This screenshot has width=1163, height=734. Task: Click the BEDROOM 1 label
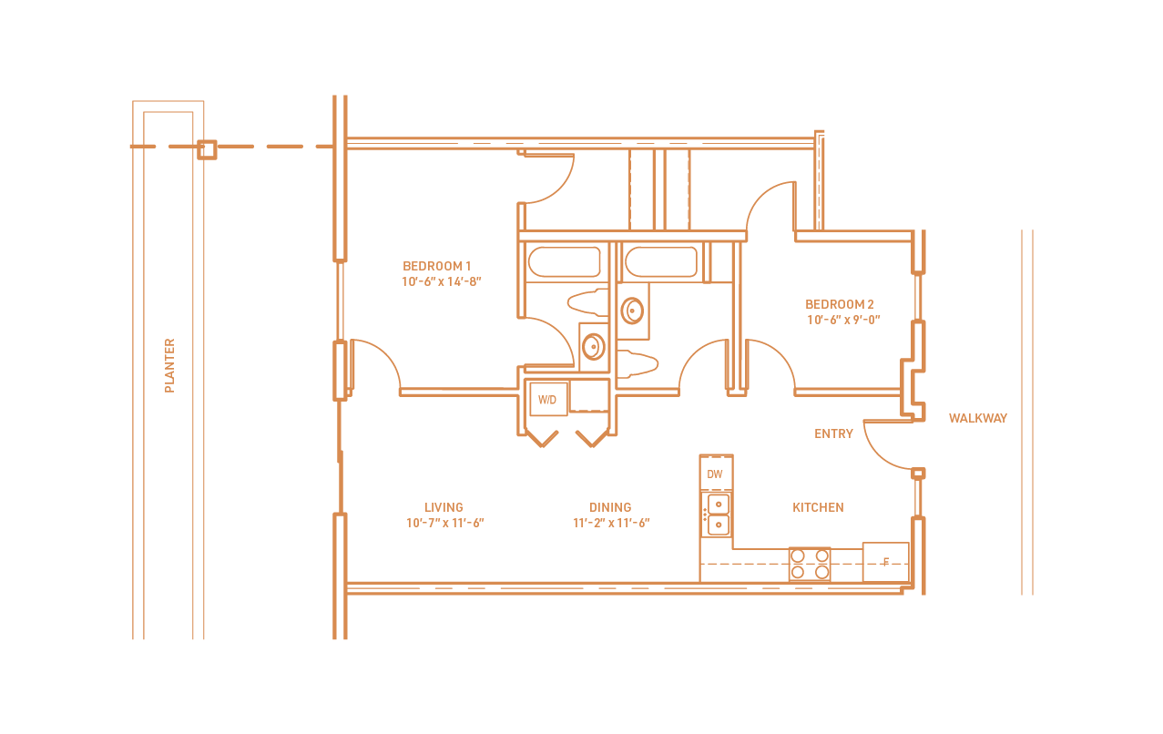436,266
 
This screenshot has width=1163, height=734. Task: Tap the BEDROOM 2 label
839,304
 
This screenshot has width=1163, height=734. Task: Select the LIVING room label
444,507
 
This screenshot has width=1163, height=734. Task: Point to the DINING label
610,507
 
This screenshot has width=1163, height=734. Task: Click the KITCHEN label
818,507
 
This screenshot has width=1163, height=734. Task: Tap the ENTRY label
833,433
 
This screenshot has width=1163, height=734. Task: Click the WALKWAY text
977,418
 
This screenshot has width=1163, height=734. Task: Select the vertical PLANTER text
169,366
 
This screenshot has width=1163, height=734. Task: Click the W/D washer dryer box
548,399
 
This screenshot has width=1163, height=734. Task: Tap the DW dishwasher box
715,474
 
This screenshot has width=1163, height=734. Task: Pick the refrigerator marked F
885,562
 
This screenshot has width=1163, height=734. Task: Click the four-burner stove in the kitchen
809,564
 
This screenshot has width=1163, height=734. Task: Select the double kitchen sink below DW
719,514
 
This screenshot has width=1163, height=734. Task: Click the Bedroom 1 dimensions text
441,281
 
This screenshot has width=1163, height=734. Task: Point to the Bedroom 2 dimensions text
843,320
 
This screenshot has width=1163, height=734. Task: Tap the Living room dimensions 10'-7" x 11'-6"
444,523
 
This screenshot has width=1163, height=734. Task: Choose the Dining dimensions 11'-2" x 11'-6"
611,523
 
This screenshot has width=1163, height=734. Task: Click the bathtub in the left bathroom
564,262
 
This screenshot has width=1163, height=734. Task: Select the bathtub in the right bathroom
660,262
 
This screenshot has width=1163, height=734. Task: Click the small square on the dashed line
207,149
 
